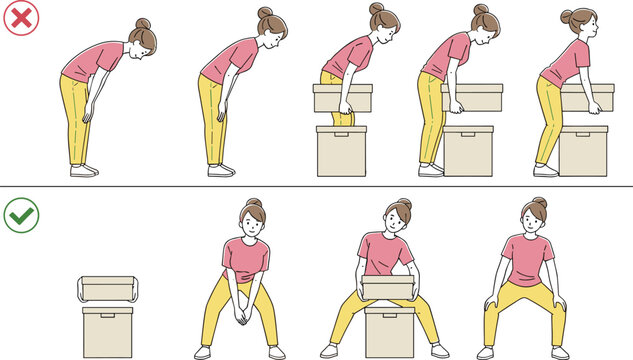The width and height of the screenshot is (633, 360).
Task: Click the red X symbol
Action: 18,18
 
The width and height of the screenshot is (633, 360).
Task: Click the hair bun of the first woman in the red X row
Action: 144,23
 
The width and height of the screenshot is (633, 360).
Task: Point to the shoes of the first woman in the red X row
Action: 84,171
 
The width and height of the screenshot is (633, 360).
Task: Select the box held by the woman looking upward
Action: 587,97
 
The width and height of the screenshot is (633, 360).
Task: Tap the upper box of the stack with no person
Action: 106,289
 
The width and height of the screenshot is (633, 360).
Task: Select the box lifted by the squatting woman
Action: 388,288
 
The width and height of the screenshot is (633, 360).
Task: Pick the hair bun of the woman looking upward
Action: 568,16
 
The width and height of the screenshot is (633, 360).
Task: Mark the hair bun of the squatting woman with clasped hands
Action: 253,203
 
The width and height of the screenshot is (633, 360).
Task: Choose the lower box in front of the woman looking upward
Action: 584,148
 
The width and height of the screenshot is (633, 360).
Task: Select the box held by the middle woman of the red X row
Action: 342,98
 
